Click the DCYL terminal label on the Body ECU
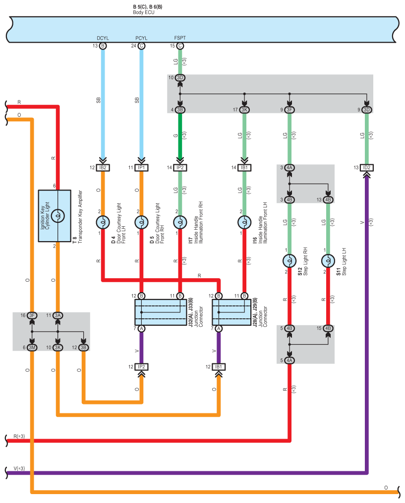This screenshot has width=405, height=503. tap(103, 38)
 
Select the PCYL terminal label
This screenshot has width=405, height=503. tap(141, 38)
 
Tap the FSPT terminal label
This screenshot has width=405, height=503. tap(180, 38)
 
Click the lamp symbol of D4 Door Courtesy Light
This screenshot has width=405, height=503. tap(103, 223)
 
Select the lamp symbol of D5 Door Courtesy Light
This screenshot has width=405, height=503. tap(141, 223)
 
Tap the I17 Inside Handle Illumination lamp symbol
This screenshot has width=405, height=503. tap(180, 223)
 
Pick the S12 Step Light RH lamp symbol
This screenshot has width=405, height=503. tap(289, 261)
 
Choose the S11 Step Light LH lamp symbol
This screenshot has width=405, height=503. tap(328, 261)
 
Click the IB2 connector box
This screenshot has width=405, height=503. tap(103, 168)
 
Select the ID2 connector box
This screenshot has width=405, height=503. tap(366, 168)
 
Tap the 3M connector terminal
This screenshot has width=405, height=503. tap(32, 348)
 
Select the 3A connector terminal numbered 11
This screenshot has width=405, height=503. tap(58, 315)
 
